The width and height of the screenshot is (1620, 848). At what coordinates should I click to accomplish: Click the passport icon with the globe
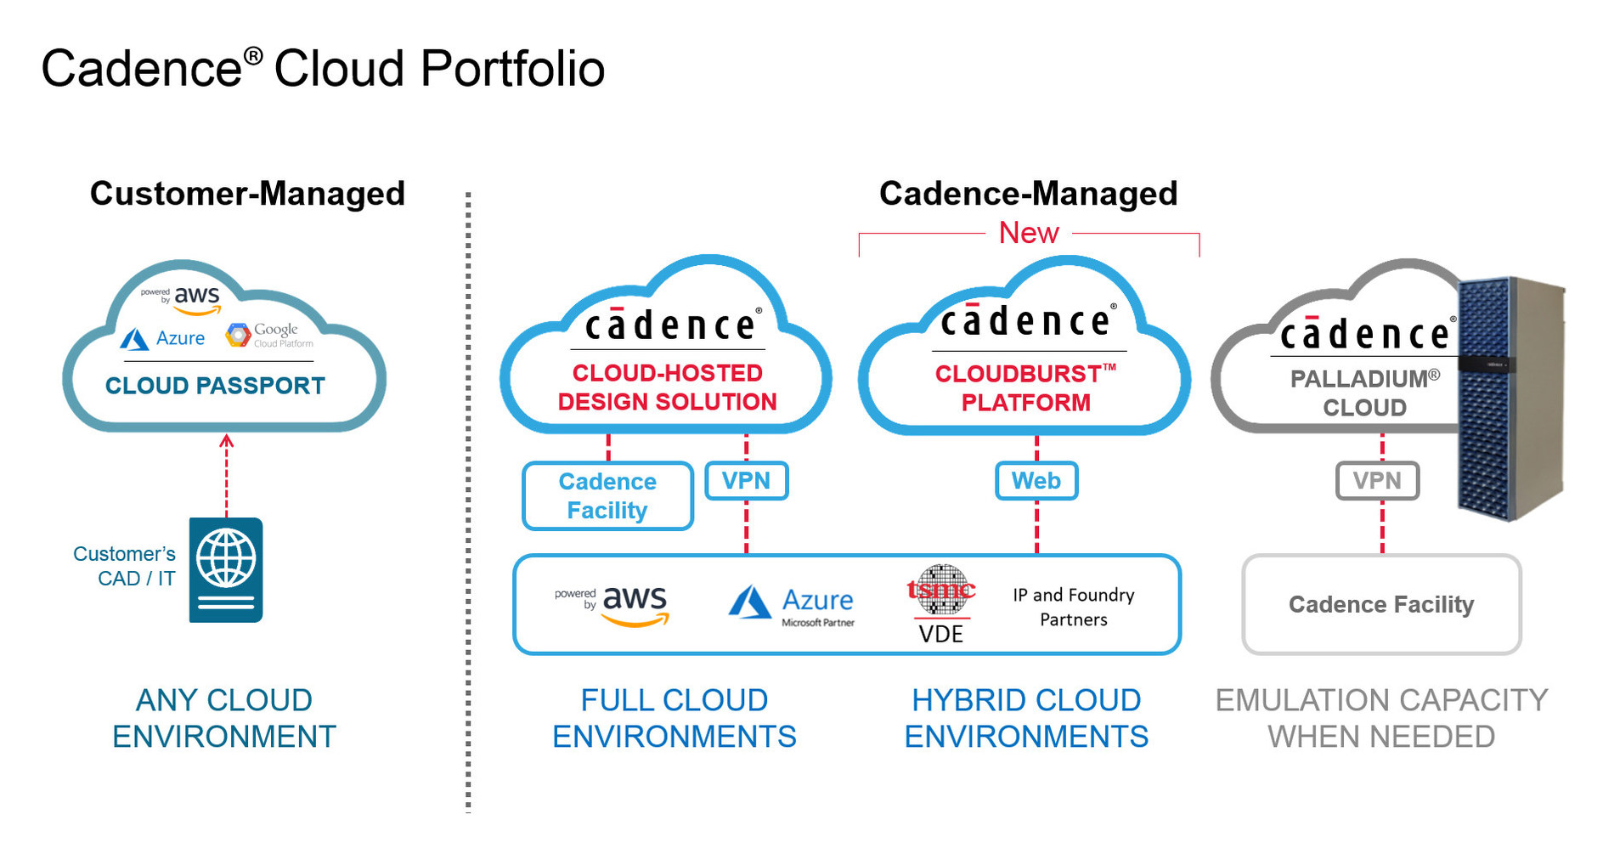click(x=225, y=569)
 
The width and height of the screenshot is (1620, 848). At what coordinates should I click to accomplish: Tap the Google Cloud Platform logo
click(x=269, y=335)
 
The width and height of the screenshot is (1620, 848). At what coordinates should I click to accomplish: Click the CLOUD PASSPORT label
click(x=215, y=386)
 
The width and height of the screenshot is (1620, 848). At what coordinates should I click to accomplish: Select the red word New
click(x=1028, y=233)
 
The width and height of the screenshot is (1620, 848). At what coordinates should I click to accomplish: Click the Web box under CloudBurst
click(x=1036, y=481)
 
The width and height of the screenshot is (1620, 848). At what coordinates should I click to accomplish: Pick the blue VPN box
click(x=746, y=481)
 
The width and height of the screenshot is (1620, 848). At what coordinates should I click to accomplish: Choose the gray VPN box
click(x=1376, y=481)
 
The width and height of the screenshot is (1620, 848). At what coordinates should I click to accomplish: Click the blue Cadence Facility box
click(x=607, y=495)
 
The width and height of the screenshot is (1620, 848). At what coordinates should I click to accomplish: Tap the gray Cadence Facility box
click(x=1380, y=604)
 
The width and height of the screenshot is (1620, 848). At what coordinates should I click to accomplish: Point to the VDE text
click(x=940, y=634)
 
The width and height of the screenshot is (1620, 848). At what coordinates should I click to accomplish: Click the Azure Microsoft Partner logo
click(x=793, y=605)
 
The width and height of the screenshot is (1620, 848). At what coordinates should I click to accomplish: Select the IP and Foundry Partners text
click(x=1073, y=607)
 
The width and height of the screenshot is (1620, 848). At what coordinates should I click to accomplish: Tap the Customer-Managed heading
click(x=247, y=194)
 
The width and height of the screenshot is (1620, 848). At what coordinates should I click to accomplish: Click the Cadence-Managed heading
click(x=1028, y=194)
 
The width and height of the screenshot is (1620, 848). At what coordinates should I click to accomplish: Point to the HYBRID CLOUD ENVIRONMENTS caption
click(x=1025, y=718)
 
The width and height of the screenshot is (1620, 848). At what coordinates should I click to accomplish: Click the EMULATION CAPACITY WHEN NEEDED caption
click(x=1380, y=718)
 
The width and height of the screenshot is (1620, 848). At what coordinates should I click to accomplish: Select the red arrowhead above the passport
click(x=226, y=440)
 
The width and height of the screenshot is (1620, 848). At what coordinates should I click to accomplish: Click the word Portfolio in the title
click(x=511, y=69)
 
